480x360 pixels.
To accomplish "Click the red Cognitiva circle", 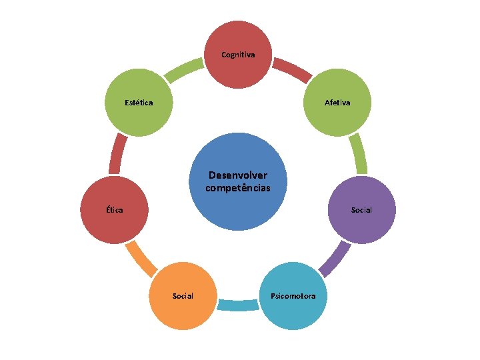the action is click(238, 55).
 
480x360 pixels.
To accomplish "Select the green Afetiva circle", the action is click(337, 103).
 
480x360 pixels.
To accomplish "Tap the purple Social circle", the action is click(361, 210).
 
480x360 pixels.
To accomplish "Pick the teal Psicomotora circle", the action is click(293, 296).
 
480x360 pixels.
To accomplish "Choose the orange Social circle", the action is click(183, 296).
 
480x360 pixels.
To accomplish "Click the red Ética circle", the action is click(114, 210).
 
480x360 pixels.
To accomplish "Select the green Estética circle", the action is click(139, 103).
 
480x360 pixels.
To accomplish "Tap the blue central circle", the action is click(238, 182).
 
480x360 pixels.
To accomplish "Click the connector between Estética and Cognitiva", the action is click(184, 70).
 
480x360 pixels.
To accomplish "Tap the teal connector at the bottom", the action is click(238, 305).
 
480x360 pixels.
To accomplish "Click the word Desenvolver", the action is click(238, 175).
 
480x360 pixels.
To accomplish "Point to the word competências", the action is click(238, 188).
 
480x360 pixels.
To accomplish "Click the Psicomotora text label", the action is click(293, 296).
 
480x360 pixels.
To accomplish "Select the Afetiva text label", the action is click(337, 103).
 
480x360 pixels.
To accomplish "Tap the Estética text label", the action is click(139, 103).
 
